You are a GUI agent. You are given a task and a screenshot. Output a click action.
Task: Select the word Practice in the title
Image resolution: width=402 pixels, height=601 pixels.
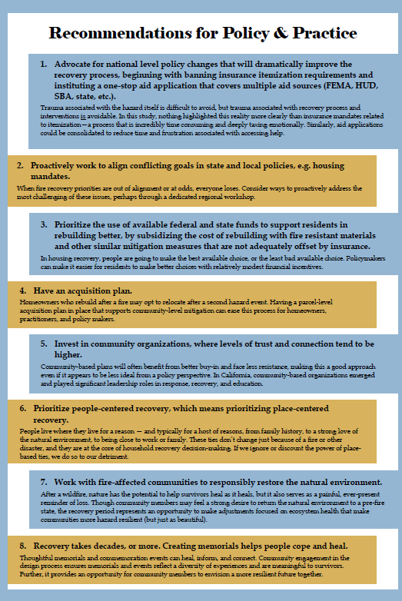317,33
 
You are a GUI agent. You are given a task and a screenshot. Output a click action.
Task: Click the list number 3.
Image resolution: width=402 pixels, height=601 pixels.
44,224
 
